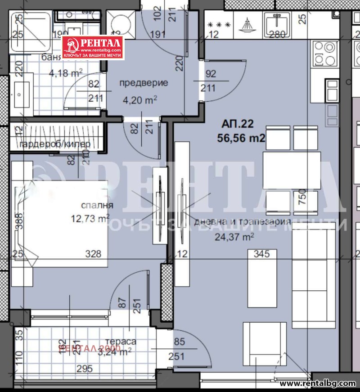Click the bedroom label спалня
click(x=97, y=206)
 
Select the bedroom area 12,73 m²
click(x=90, y=219)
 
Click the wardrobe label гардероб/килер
click(x=55, y=144)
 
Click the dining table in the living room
click(x=292, y=170)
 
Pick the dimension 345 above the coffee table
click(x=261, y=254)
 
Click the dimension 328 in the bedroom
click(x=94, y=254)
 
